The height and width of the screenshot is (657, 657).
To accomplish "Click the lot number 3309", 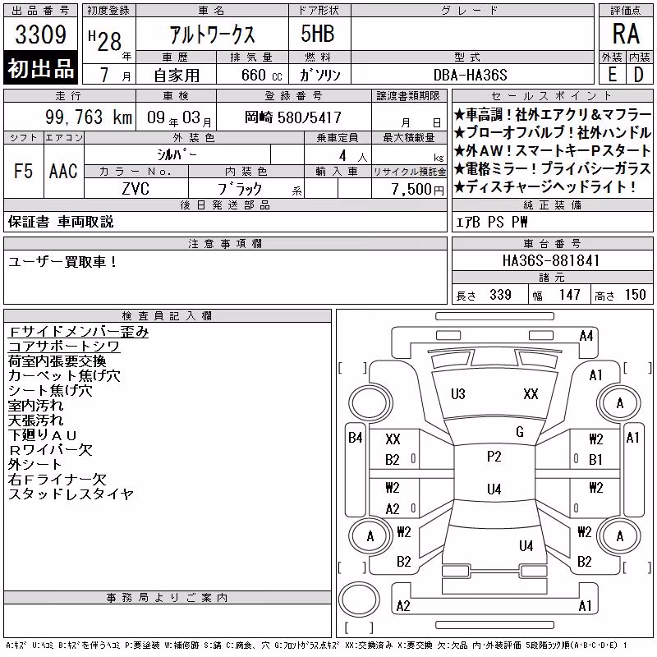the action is point(40,34).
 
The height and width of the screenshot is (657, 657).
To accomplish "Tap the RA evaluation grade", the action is point(626,34).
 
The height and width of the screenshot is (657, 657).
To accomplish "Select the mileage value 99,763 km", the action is point(89,117).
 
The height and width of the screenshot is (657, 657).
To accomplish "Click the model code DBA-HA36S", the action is point(470,75).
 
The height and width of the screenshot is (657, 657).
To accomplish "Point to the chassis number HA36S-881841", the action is point(551,260).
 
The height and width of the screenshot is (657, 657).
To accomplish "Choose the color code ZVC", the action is point(136,189).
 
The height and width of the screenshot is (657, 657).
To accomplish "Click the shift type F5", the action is point(24,171).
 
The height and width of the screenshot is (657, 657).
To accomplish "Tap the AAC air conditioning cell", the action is point(63,171).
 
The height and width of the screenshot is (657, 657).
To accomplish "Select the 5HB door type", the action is point(318,34).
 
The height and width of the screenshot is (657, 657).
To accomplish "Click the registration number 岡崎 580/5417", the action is point(293,117).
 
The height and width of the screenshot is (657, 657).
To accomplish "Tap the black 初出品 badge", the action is point(40,68).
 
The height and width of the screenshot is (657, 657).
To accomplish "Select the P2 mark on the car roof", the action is point(494,457).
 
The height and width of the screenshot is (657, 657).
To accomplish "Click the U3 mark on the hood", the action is point(458,394).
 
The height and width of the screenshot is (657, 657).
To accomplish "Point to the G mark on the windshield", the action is point(520,432).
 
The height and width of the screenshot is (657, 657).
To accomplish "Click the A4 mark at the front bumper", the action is point(586,336).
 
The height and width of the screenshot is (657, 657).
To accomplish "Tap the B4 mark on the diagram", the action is point(356,438).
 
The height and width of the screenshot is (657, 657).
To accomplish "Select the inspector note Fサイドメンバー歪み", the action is point(78,332).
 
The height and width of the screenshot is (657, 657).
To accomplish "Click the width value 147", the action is point(569,295).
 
